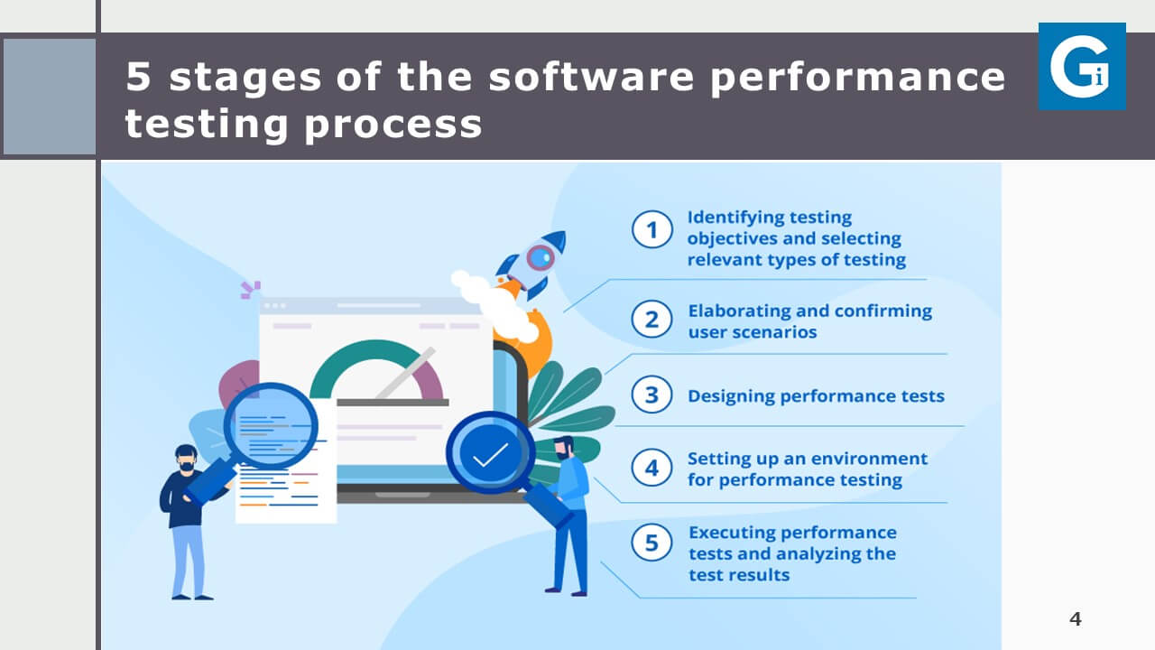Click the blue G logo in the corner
pos(1082,66)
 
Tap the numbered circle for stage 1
pos(651,229)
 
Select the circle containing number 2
pos(651,320)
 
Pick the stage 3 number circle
pos(651,395)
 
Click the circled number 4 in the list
pos(651,468)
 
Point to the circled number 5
pos(651,543)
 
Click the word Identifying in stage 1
pos(727,218)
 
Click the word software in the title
pos(591,77)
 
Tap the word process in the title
pos(393,125)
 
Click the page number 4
pos(1075,618)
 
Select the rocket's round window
pos(540,257)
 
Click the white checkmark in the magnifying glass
pos(490,455)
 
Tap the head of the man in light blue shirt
pos(565,448)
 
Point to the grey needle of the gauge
pos(406,373)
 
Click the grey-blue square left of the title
pos(50,97)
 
